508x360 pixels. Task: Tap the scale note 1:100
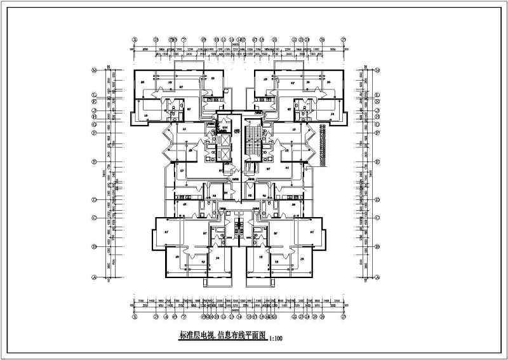click(x=275, y=339)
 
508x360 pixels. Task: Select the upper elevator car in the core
click(x=223, y=137)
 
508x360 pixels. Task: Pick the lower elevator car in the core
click(x=223, y=154)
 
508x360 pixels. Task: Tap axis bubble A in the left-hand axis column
click(x=94, y=277)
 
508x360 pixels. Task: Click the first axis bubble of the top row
click(x=134, y=37)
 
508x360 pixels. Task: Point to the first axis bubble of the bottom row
click(x=134, y=316)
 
